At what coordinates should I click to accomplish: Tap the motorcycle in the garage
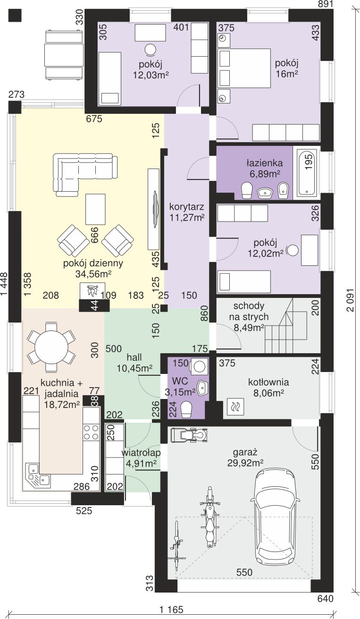pyautogui.click(x=210, y=517)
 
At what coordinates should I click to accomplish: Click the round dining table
pyautogui.click(x=51, y=347)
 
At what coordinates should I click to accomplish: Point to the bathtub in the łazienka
pyautogui.click(x=307, y=173)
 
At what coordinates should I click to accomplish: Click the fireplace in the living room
pyautogui.click(x=92, y=297)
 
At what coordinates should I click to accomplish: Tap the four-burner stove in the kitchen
pyautogui.click(x=91, y=432)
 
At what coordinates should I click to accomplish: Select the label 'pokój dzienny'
pyautogui.click(x=93, y=263)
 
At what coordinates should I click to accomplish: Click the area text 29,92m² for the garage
pyautogui.click(x=245, y=463)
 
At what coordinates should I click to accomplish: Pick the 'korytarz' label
pyautogui.click(x=187, y=206)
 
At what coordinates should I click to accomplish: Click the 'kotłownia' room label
pyautogui.click(x=268, y=382)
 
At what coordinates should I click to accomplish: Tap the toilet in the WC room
pyautogui.click(x=186, y=409)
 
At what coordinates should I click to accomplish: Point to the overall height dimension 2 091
pyautogui.click(x=351, y=300)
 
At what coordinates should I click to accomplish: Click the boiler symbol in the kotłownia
pyautogui.click(x=235, y=407)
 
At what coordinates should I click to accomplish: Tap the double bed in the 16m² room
pyautogui.click(x=244, y=68)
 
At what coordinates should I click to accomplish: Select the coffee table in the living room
pyautogui.click(x=95, y=209)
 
